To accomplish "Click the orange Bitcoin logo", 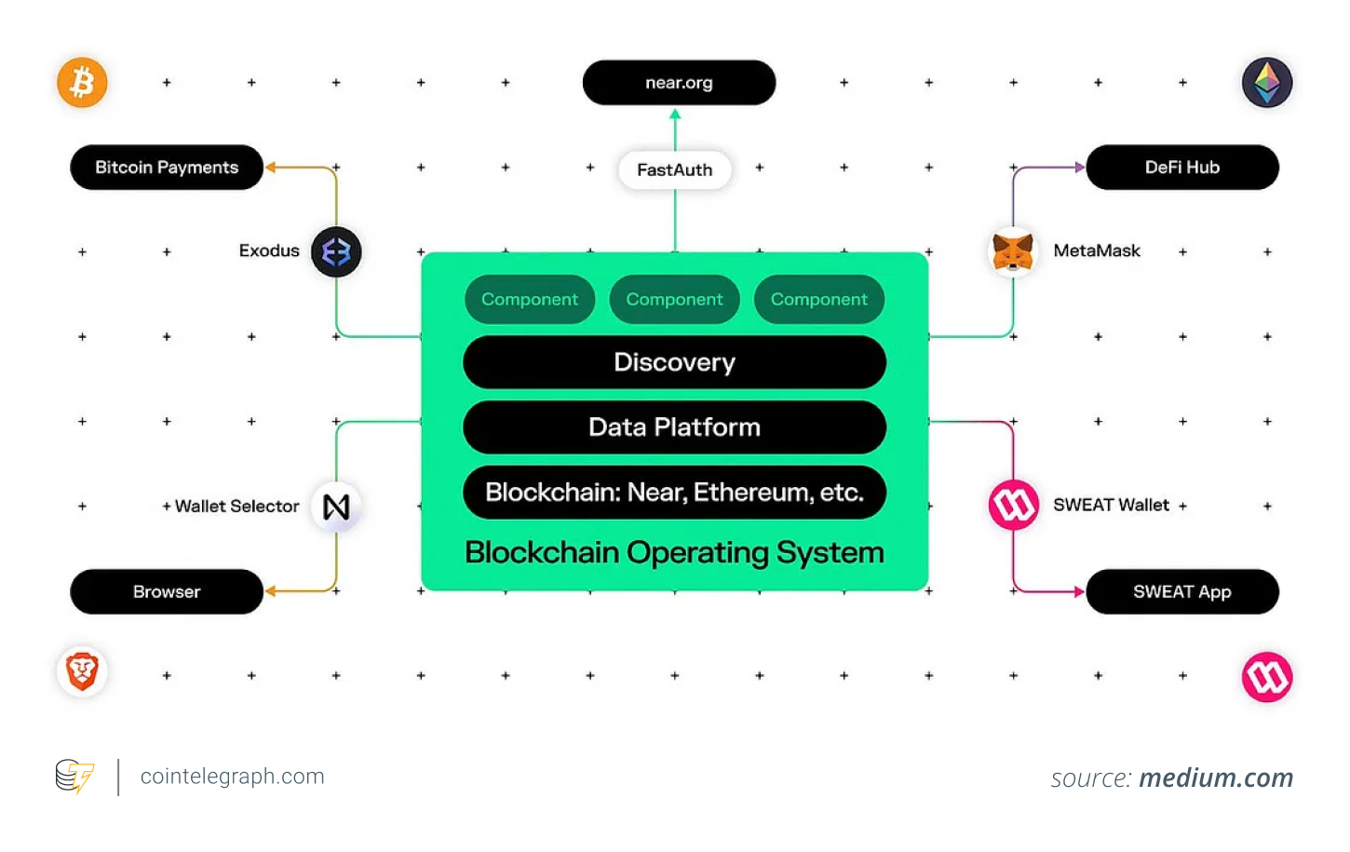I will point(82,83).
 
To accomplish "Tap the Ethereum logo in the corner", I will point(1266,83).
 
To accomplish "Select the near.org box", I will point(679,83).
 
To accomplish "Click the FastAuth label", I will point(675,169).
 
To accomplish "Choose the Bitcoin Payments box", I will point(167,168).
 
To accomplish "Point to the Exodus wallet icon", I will point(336,251).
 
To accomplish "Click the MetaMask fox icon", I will point(1012,251).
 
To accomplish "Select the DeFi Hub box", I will point(1181,168).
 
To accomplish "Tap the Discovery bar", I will point(674,362).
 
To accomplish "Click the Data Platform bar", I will point(674,427).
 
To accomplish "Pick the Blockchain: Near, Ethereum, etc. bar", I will point(674,492).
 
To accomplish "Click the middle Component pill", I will point(674,300).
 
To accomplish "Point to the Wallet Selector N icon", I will point(336,507).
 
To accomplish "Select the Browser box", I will point(167,591).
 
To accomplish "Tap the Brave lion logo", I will point(82,671).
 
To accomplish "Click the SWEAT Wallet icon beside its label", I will point(1013,506).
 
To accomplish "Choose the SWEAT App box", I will point(1181,591).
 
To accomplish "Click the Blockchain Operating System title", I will point(674,553).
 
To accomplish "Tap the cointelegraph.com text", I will point(232,777).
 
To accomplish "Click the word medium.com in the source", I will point(1216,778).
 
